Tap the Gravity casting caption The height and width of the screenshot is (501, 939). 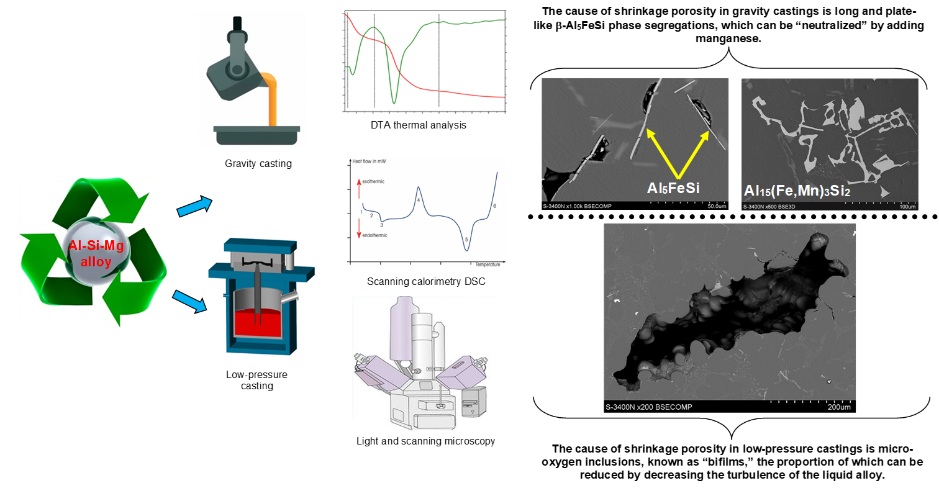tap(258, 165)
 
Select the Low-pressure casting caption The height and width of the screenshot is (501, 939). tap(256, 380)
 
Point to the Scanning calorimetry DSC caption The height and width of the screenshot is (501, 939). tap(426, 282)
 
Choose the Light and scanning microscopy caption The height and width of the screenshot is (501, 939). tap(426, 441)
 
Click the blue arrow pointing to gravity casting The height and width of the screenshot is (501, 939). tap(194, 207)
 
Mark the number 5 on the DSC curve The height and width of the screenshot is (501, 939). tap(466, 239)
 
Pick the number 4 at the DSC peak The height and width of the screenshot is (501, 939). tap(419, 200)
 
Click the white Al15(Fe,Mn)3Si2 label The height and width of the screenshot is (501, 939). tap(797, 191)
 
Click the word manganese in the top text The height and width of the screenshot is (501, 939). tap(729, 38)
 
